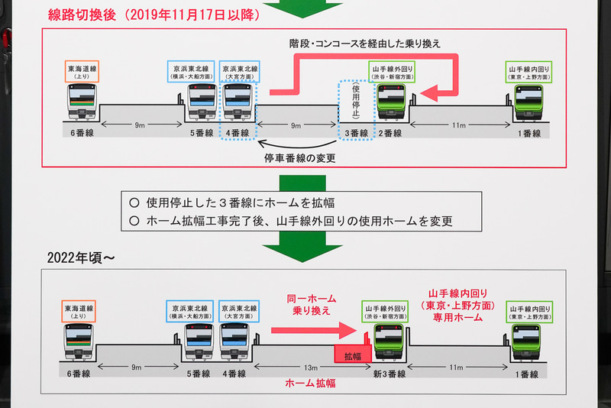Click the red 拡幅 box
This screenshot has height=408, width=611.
click(x=351, y=355)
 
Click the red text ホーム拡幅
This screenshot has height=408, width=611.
click(x=309, y=384)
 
